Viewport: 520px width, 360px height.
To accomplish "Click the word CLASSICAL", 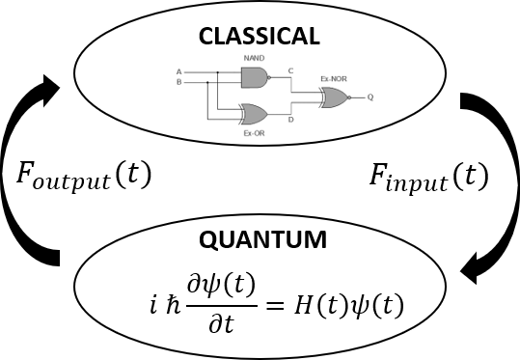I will [259, 37].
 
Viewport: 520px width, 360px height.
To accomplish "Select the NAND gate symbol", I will [254, 76].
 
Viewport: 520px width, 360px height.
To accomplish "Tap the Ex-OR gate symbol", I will [256, 113].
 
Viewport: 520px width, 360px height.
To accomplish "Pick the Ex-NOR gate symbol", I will [335, 97].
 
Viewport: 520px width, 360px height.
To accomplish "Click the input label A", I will [178, 71].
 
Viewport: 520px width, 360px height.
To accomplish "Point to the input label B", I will [178, 82].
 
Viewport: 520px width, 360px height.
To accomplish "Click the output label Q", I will [370, 97].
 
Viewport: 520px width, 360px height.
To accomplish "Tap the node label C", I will [291, 71].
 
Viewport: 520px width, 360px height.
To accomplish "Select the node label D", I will [291, 120].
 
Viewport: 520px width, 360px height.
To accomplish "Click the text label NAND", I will [254, 59].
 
